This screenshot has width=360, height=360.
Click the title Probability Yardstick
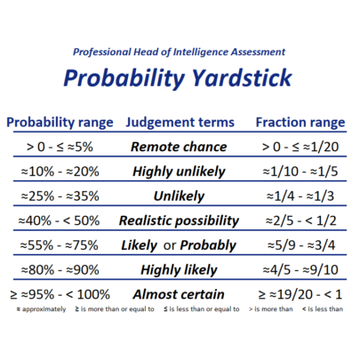(178, 77)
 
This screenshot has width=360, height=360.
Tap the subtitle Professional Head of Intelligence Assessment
(179, 52)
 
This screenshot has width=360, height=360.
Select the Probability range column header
(60, 123)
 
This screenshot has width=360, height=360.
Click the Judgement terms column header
(180, 123)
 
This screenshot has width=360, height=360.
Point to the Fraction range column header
(300, 123)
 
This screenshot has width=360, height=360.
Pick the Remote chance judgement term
(179, 147)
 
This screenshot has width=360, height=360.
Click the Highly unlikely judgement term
(179, 172)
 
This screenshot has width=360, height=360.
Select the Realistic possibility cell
(179, 221)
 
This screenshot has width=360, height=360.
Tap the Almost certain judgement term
(179, 294)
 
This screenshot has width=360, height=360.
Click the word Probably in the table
(208, 245)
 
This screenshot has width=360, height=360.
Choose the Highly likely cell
(179, 270)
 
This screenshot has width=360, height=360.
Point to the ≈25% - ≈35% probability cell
(60, 196)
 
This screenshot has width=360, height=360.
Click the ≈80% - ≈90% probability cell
(60, 270)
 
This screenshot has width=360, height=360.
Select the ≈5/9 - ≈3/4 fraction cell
(301, 245)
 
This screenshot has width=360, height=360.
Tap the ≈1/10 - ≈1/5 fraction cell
(300, 172)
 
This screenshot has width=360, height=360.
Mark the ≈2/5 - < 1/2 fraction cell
(301, 220)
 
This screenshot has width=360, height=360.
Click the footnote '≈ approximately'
(41, 309)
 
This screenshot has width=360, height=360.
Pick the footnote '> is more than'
(271, 309)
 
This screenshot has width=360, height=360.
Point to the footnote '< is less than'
(323, 309)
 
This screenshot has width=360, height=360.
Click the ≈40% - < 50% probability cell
(59, 220)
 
